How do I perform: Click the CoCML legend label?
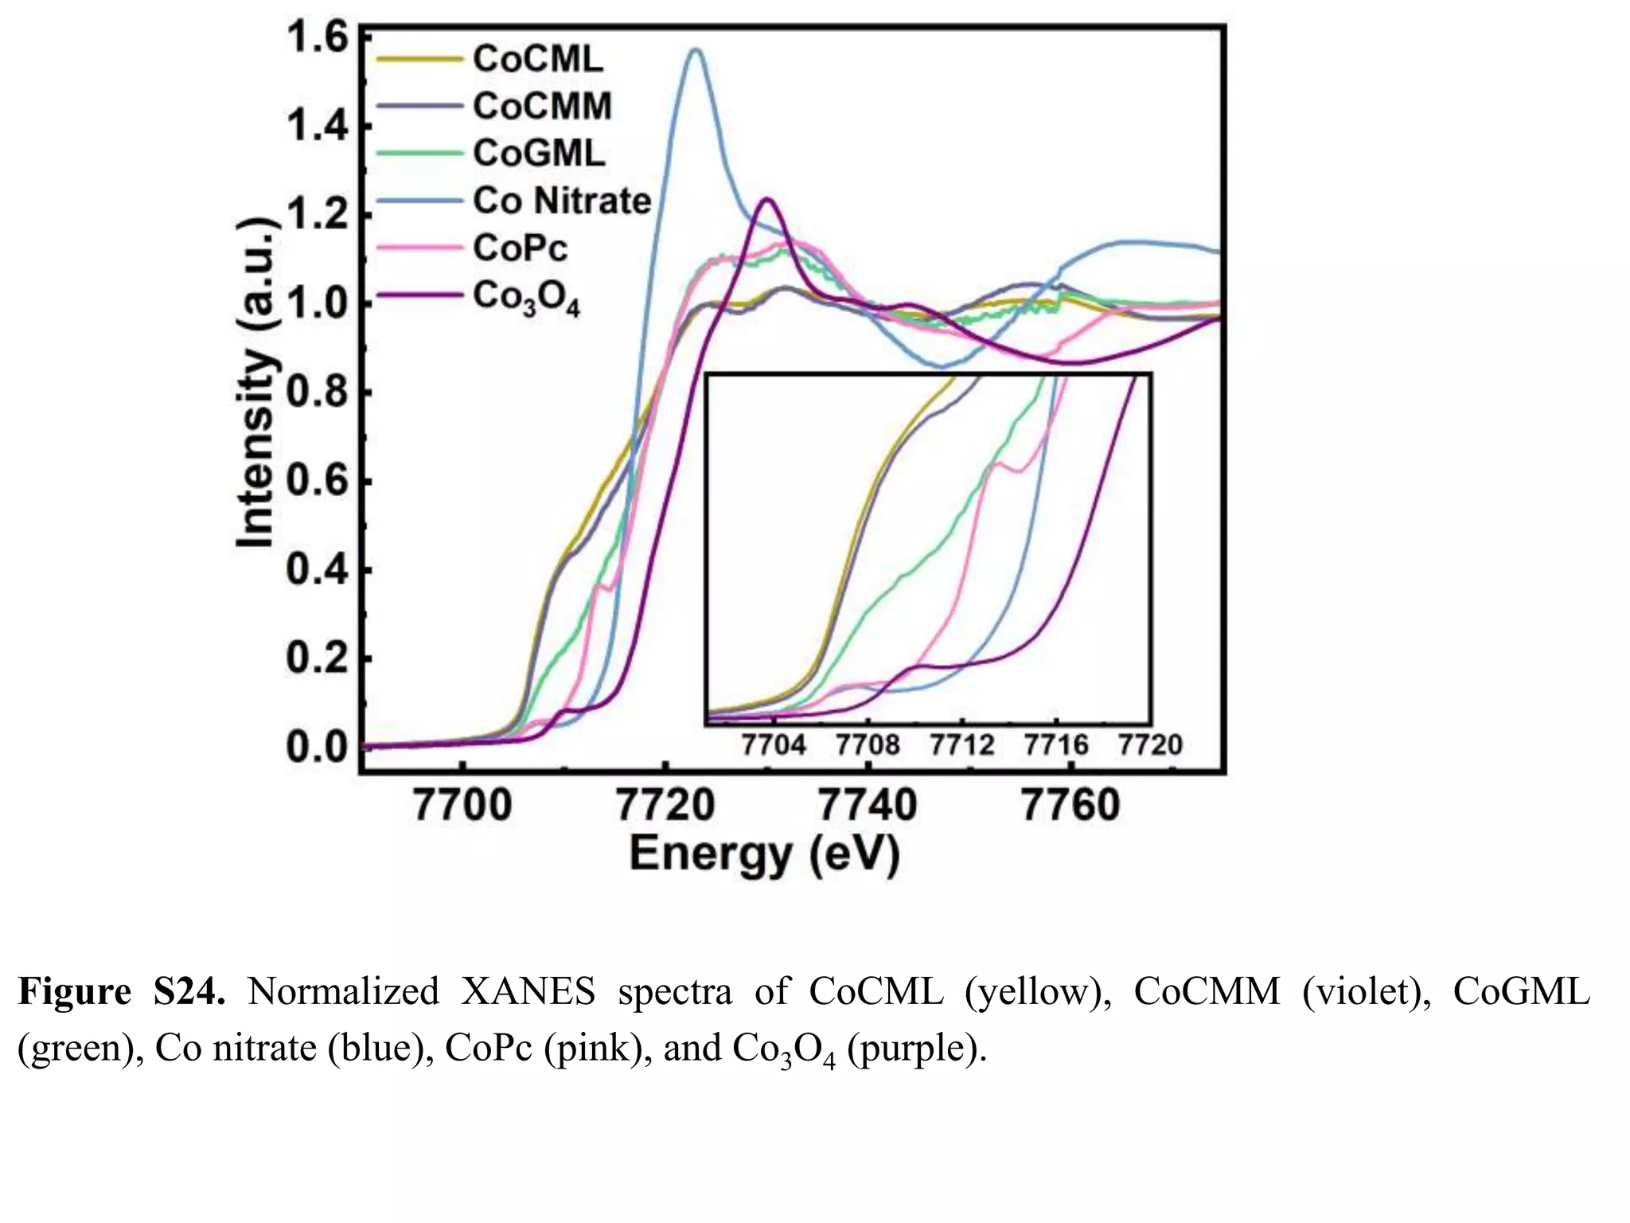538,59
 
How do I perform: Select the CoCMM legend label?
542,106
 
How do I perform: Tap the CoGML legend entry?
539,153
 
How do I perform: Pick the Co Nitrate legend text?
562,201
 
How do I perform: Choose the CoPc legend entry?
520,248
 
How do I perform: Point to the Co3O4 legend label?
526,298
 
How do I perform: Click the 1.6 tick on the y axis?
318,37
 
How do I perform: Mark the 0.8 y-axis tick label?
318,393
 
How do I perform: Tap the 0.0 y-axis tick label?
318,748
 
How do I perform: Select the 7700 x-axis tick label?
462,805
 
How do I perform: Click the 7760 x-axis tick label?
1070,805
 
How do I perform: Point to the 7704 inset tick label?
774,746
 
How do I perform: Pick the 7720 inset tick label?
1150,746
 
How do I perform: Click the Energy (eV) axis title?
764,855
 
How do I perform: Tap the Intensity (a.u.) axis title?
257,384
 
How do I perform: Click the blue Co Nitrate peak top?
696,49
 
